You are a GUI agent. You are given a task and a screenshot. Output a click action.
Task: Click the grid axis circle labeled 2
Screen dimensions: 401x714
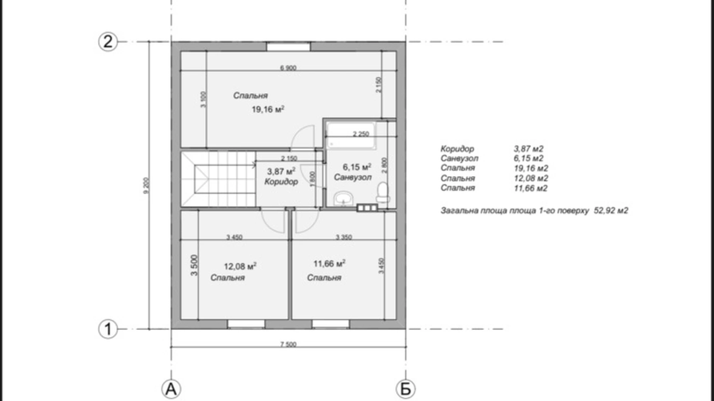pyautogui.click(x=108, y=41)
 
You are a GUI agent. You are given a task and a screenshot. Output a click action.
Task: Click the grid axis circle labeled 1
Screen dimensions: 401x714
pyautogui.click(x=108, y=329)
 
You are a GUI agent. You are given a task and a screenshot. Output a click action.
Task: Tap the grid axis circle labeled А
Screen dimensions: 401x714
pyautogui.click(x=171, y=389)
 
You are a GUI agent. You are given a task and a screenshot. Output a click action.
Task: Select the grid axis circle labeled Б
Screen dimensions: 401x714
pyautogui.click(x=405, y=389)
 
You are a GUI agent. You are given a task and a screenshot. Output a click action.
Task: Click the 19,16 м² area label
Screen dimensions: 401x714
pyautogui.click(x=268, y=110)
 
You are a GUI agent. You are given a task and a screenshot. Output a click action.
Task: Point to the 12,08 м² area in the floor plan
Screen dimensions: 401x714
pyautogui.click(x=240, y=266)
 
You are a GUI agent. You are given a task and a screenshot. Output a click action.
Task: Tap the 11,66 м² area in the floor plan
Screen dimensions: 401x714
pyautogui.click(x=329, y=264)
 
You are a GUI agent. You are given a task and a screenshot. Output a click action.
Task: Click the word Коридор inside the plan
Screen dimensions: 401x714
pyautogui.click(x=281, y=182)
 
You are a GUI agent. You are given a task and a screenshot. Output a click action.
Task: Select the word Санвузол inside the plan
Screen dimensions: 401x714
pyautogui.click(x=353, y=177)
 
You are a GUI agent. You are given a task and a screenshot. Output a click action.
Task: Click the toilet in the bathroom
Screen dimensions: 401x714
pyautogui.click(x=382, y=193)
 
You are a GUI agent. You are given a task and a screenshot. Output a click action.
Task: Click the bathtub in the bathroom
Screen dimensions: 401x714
pyautogui.click(x=350, y=136)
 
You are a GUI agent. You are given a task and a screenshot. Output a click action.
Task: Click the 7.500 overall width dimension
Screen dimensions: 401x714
pyautogui.click(x=288, y=344)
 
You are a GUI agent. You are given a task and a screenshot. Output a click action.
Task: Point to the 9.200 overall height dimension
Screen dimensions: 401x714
pyautogui.click(x=146, y=185)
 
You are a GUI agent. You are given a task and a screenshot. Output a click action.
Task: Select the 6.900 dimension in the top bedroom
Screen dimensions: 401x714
pyautogui.click(x=288, y=68)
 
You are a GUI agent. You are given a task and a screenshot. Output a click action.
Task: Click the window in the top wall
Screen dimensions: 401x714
pyautogui.click(x=288, y=47)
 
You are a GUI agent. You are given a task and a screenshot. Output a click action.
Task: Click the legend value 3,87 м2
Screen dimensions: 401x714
pyautogui.click(x=528, y=148)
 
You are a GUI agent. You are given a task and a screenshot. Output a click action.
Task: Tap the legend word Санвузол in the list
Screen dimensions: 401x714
pyautogui.click(x=459, y=158)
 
